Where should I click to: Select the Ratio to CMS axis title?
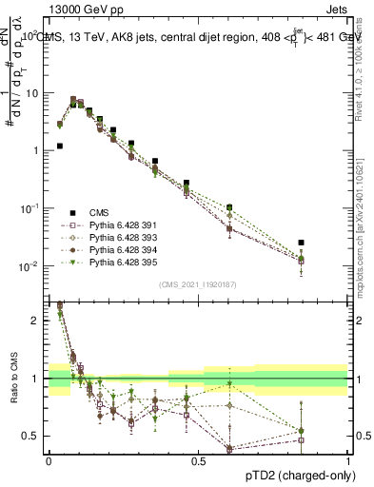tap(13, 381)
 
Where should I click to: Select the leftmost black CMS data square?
tap(59, 146)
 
